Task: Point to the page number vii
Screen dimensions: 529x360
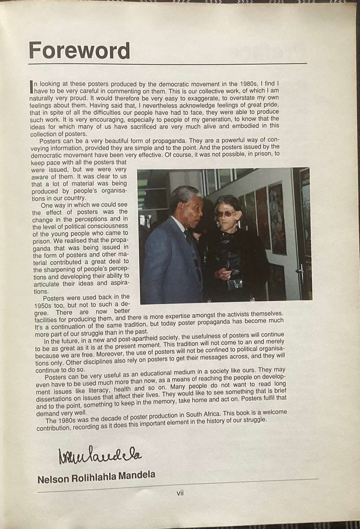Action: [180, 493]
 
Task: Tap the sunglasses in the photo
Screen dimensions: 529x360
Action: [225, 213]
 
